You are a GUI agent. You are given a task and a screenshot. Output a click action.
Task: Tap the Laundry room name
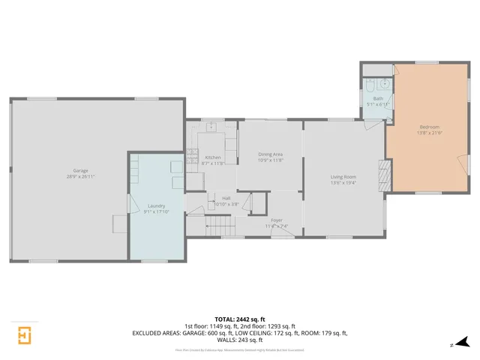point(156,205)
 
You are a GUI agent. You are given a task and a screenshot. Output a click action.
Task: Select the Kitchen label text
point(214,157)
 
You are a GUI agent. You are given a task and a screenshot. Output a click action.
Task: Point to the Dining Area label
point(270,154)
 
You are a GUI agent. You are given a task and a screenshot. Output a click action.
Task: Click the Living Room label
point(343,177)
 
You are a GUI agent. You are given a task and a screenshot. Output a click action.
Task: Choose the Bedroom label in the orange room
point(429,127)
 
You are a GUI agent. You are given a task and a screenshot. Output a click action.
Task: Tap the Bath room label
point(378,98)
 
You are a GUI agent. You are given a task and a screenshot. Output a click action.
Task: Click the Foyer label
point(276,220)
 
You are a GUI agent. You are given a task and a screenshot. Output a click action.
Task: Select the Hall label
point(226,198)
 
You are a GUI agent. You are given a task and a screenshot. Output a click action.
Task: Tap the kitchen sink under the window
point(212,127)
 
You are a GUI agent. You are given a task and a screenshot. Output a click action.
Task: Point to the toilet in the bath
point(370,83)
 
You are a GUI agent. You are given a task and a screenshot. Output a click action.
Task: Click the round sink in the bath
point(385,83)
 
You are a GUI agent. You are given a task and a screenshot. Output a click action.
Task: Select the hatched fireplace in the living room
point(384,175)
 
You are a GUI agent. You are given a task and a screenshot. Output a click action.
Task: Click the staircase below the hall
point(217,226)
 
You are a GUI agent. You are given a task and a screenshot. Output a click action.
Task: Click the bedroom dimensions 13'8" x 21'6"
point(429,133)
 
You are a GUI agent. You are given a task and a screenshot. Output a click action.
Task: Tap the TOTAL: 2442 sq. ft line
point(239,319)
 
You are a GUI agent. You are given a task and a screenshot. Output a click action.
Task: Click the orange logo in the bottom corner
point(24,334)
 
